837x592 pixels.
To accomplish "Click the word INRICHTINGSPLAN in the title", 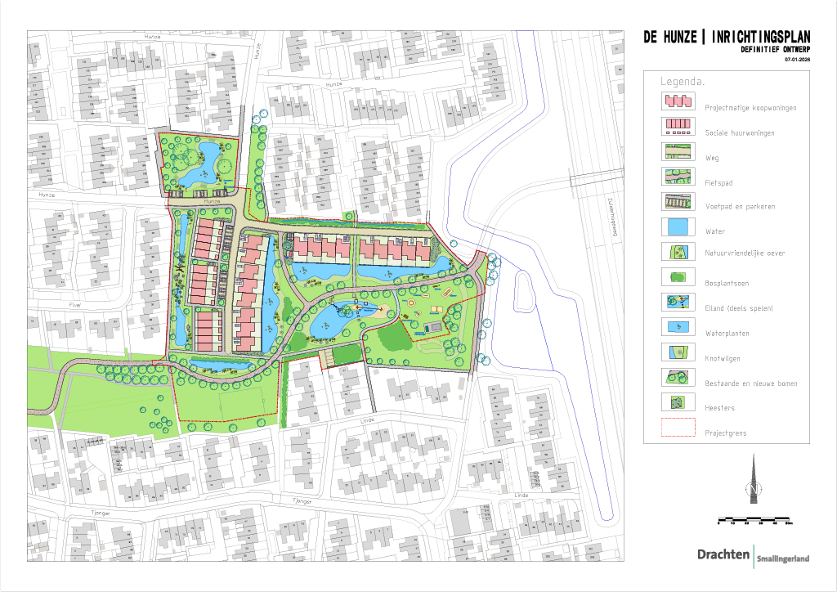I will [760, 38].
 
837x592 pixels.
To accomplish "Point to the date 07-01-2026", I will [797, 60].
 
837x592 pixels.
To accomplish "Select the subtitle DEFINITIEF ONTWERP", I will [775, 50].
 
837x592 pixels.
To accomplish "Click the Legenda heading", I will [683, 83].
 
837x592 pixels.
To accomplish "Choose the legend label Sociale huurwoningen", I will [740, 132].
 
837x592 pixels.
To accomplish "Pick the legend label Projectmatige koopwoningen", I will [750, 107].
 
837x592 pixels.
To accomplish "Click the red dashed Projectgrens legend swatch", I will [677, 427].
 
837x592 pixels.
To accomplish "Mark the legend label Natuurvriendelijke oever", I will [745, 253].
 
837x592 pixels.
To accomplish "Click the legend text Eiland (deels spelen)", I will [739, 308].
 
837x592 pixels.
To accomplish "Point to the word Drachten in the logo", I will [723, 554].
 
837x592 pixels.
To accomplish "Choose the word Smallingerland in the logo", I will [782, 558].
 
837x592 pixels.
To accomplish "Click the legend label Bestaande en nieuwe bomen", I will [751, 383].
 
